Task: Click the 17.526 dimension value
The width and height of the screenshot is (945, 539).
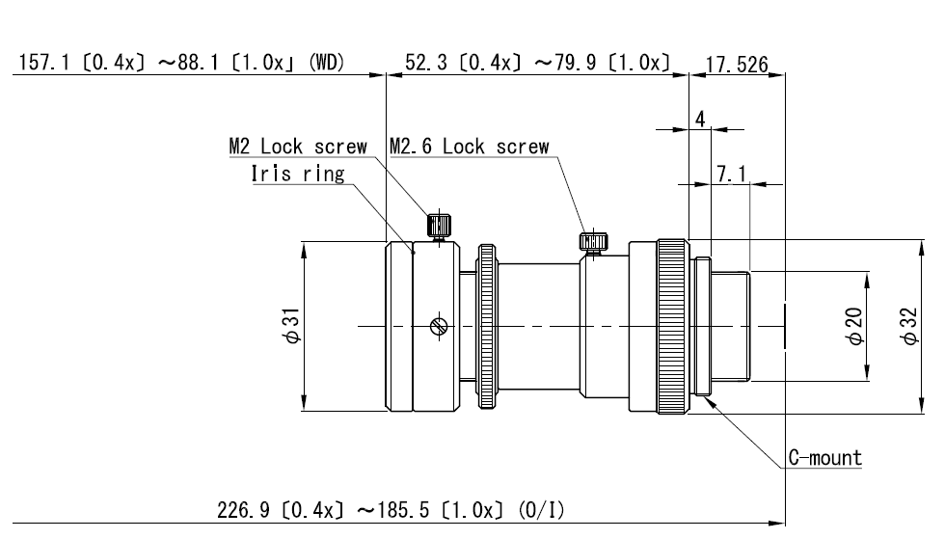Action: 737,64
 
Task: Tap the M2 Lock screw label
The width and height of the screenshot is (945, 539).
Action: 298,147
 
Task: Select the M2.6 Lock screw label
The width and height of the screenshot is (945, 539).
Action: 470,147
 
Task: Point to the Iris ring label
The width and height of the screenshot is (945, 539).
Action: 298,174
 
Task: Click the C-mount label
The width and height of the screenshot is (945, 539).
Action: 825,458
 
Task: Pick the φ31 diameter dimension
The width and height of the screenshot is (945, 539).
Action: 291,326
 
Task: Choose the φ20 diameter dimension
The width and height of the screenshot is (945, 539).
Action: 854,326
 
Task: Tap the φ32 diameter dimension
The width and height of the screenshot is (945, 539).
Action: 909,326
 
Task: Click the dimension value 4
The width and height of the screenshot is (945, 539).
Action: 700,119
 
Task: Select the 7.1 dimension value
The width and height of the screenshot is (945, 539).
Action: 731,175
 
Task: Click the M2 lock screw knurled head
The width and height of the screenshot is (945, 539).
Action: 440,226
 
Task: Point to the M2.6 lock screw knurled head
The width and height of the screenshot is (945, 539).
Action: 594,242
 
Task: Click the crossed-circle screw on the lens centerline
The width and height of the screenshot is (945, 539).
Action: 439,326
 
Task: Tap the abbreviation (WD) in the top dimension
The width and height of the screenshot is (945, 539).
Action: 326,62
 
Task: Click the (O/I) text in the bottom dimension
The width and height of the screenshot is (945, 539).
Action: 542,511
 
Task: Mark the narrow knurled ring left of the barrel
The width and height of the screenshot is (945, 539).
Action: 487,326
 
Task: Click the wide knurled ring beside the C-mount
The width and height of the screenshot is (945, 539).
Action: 673,326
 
